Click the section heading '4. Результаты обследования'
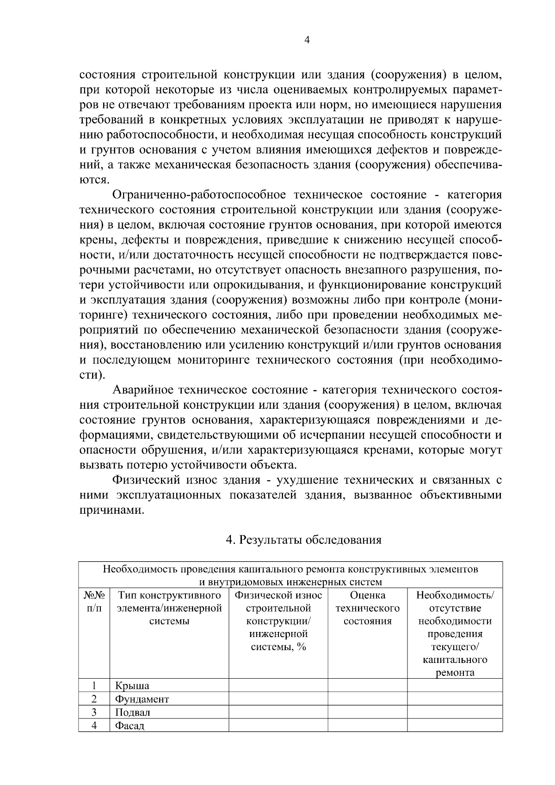coord(303,540)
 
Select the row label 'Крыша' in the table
coord(132,686)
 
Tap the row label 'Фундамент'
coord(142,699)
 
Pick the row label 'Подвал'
coord(133,712)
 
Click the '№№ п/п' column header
coord(94,601)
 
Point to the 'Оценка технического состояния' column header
coord(367,608)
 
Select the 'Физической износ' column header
coord(278,595)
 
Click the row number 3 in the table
coord(94,712)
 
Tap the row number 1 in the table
coord(94,686)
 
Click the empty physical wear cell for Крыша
coord(278,686)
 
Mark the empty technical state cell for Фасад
coord(367,726)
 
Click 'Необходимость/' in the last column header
coord(455,595)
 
